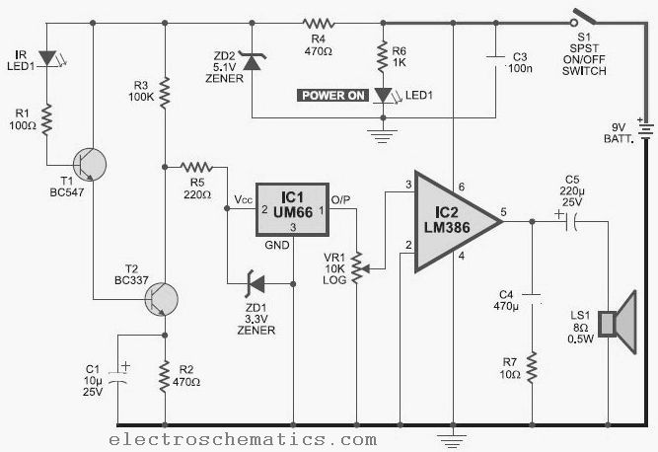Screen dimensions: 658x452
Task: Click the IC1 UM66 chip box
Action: tap(292, 209)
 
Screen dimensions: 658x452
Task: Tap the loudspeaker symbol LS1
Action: tap(618, 323)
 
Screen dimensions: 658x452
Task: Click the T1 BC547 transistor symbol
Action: tap(89, 165)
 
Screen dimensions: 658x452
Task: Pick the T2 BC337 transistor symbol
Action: tap(162, 299)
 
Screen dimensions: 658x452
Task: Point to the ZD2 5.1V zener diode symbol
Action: tap(252, 61)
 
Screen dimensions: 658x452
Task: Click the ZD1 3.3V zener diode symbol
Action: tap(256, 284)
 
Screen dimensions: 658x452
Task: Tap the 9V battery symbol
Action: tap(645, 129)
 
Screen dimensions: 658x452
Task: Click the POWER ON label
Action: tap(333, 96)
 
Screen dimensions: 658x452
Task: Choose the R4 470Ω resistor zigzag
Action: tap(319, 24)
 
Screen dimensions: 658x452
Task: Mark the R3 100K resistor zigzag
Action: tap(165, 91)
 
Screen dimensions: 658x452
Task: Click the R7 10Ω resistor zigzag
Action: tap(532, 367)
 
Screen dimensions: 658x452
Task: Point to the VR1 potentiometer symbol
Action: tap(358, 267)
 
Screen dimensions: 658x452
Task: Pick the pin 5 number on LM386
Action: tap(503, 211)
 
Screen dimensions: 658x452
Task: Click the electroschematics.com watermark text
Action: tap(243, 439)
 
